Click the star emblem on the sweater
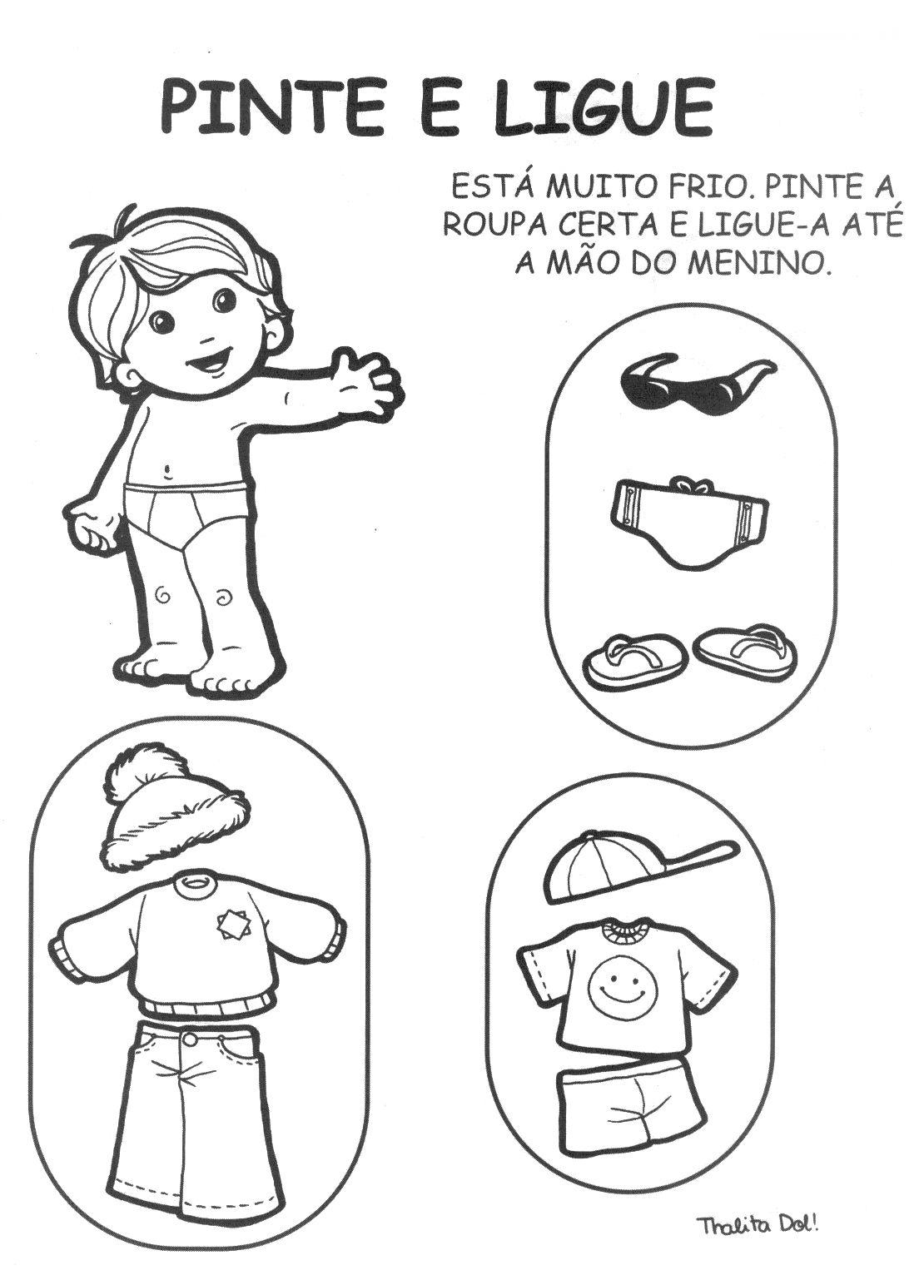point(231,925)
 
